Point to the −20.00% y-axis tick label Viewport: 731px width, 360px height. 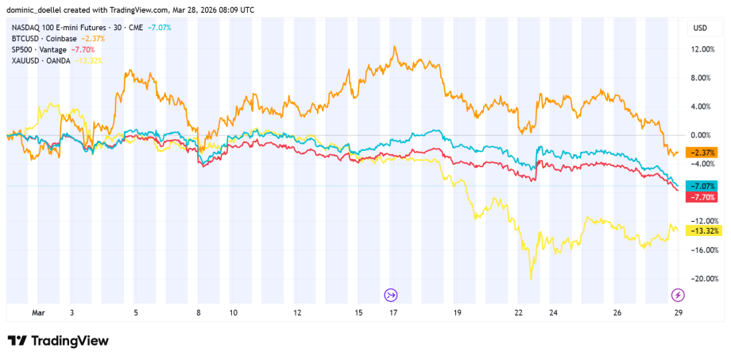704,278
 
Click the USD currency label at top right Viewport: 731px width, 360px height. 700,28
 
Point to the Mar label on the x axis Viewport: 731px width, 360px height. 37,313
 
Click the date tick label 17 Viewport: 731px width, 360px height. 393,313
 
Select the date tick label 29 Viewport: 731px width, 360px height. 676,313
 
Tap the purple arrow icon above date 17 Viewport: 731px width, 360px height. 391,295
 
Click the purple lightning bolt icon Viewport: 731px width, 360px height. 677,295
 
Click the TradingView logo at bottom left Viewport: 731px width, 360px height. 58,340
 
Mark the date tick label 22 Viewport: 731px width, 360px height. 518,313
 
